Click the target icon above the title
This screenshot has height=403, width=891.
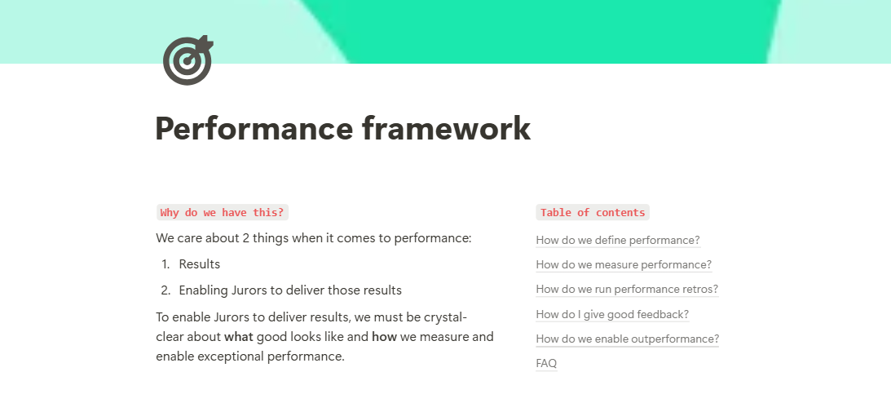tap(187, 60)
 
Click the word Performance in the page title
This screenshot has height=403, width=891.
tap(254, 128)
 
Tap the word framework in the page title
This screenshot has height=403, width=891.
tap(446, 128)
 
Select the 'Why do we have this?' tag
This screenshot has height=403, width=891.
tap(223, 213)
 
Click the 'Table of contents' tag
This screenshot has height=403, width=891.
tap(593, 213)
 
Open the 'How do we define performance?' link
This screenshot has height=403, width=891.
tap(618, 240)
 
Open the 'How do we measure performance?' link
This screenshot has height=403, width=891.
tap(624, 264)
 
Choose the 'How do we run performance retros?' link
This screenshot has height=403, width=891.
tap(627, 289)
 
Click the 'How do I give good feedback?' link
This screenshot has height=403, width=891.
tap(612, 314)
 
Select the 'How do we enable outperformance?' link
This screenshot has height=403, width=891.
tap(628, 339)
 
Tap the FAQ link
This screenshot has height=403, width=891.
tap(546, 363)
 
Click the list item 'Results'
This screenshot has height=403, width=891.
tap(200, 264)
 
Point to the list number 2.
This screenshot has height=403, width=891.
tap(165, 290)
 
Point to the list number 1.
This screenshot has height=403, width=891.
tap(165, 264)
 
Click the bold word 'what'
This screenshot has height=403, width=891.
tap(239, 337)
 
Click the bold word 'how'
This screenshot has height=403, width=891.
tap(384, 337)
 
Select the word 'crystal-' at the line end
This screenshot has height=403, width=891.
tap(445, 317)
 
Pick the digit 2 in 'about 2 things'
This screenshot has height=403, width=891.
tap(246, 238)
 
